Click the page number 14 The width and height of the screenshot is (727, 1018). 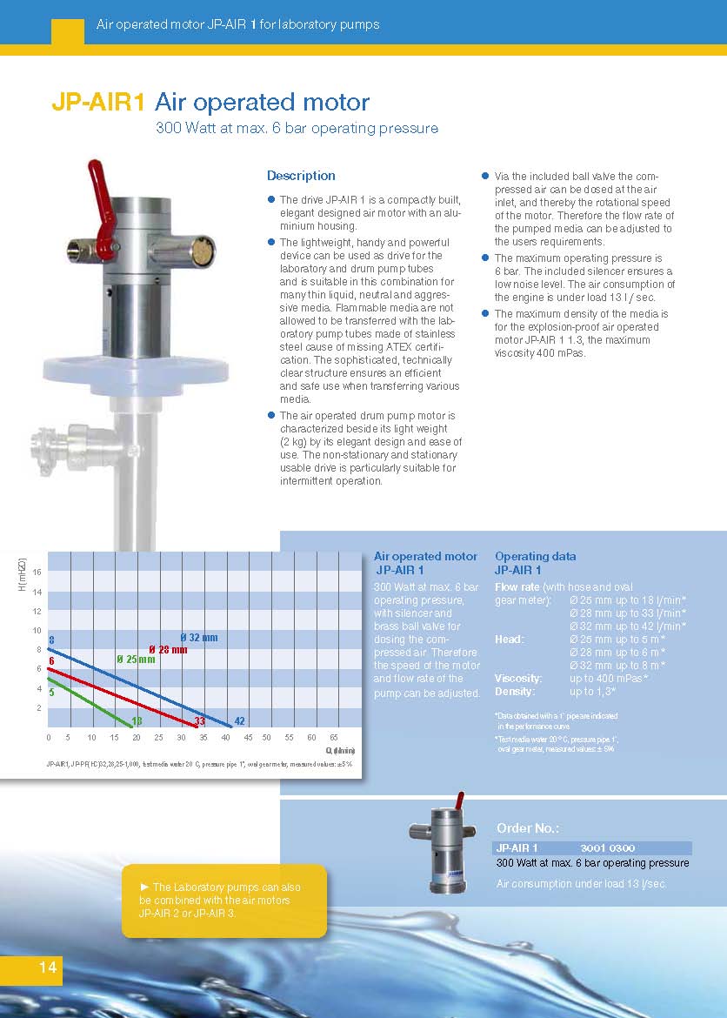pos(47,968)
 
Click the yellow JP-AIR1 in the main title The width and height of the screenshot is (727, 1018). pos(97,102)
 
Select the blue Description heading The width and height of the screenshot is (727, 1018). pos(301,176)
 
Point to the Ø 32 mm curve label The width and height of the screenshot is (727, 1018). pos(199,638)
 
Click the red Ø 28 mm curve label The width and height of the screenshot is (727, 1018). pos(168,650)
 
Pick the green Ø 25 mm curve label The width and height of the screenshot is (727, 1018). pos(136,659)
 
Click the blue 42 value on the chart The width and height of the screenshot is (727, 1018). pos(240,720)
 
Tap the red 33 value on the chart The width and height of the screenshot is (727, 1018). pos(199,720)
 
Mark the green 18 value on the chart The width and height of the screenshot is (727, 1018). pos(137,720)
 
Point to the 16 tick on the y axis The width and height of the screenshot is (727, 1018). pos(37,572)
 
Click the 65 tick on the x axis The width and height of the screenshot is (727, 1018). pos(334,737)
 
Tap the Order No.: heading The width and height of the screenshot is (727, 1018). pos(527,828)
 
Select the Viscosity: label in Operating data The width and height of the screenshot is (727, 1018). pos(518,678)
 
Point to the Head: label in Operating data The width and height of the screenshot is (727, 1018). pos(510,640)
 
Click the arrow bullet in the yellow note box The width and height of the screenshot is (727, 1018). pos(144,887)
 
